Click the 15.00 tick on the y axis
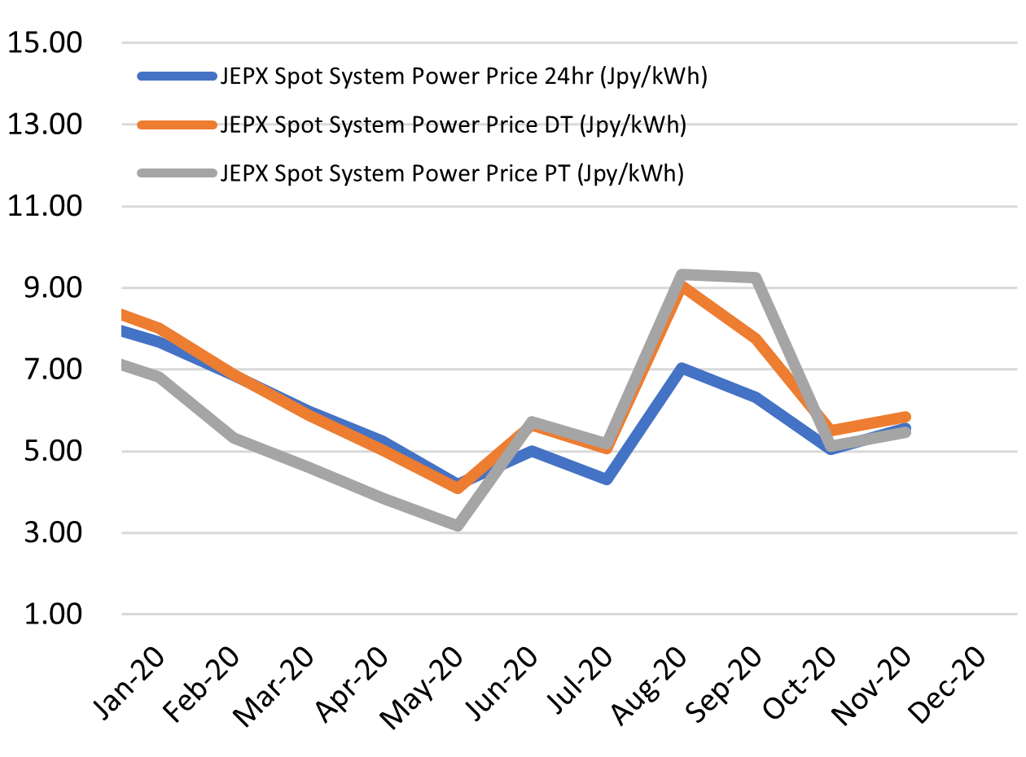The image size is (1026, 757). click(45, 43)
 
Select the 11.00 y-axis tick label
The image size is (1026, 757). click(45, 207)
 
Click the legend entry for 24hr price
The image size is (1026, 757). click(463, 77)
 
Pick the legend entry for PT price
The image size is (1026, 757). click(451, 173)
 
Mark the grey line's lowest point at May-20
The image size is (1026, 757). click(458, 525)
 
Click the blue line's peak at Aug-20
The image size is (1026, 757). click(682, 369)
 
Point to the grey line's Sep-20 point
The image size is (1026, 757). click(756, 278)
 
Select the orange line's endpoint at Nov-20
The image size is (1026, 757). click(905, 417)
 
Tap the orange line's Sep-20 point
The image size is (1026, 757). click(756, 339)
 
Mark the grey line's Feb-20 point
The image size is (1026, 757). click(235, 438)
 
